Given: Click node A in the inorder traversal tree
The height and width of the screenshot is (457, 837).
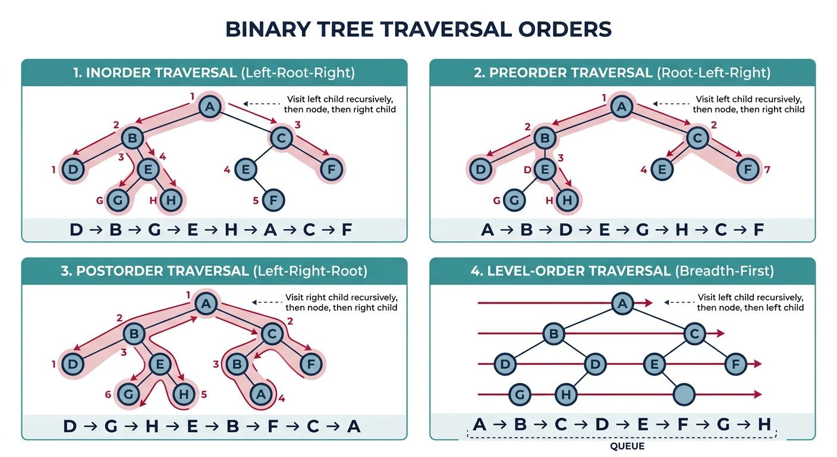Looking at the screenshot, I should click(x=209, y=107).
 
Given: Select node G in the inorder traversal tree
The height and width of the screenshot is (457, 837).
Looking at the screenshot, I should click(x=118, y=200).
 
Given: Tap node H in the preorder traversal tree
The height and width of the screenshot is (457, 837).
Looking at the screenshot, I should click(x=568, y=200).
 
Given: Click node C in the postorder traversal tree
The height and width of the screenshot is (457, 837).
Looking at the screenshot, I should click(x=271, y=335).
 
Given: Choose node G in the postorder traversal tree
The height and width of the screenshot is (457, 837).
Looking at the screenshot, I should click(x=127, y=393).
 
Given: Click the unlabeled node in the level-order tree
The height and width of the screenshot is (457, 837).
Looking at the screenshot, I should click(x=684, y=393).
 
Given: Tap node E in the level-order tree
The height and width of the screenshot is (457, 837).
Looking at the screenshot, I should click(x=655, y=363).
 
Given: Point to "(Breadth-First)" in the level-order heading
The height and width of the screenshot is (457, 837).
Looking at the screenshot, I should click(x=725, y=271).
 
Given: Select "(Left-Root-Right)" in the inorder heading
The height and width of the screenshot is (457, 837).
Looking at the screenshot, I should click(x=297, y=73).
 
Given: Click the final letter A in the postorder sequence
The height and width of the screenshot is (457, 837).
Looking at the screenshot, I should click(x=354, y=426).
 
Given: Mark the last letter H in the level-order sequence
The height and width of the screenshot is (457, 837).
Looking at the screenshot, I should click(x=764, y=424).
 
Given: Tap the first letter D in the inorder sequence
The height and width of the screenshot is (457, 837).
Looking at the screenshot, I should click(x=76, y=230).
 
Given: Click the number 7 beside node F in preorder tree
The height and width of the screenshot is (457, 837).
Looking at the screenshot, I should click(x=767, y=170).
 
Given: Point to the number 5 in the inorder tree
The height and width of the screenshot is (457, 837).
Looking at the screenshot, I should click(x=255, y=200).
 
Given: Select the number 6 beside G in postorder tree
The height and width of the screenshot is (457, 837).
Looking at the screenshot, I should click(x=108, y=395).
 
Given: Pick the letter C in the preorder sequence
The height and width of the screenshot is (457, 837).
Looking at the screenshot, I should click(x=719, y=230).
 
